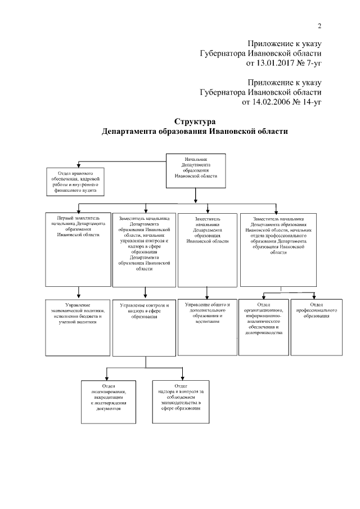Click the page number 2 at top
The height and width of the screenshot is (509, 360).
319,26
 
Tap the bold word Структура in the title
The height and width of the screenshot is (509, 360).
195,121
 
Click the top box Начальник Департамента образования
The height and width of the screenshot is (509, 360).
195,169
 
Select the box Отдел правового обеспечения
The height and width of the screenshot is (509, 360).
78,181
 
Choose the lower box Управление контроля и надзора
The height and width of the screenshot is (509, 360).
145,327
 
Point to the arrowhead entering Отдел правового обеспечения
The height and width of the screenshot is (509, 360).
78,164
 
